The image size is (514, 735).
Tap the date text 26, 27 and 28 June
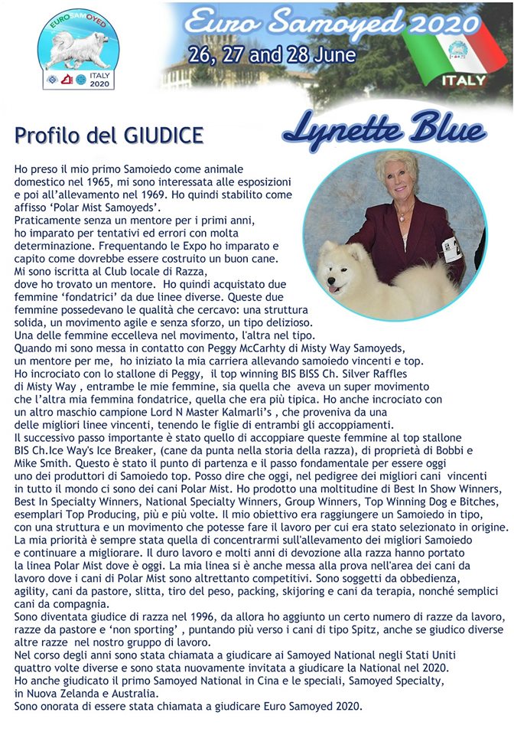[272, 55]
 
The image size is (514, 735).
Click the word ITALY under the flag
[464, 80]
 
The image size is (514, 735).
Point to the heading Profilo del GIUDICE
[109, 136]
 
